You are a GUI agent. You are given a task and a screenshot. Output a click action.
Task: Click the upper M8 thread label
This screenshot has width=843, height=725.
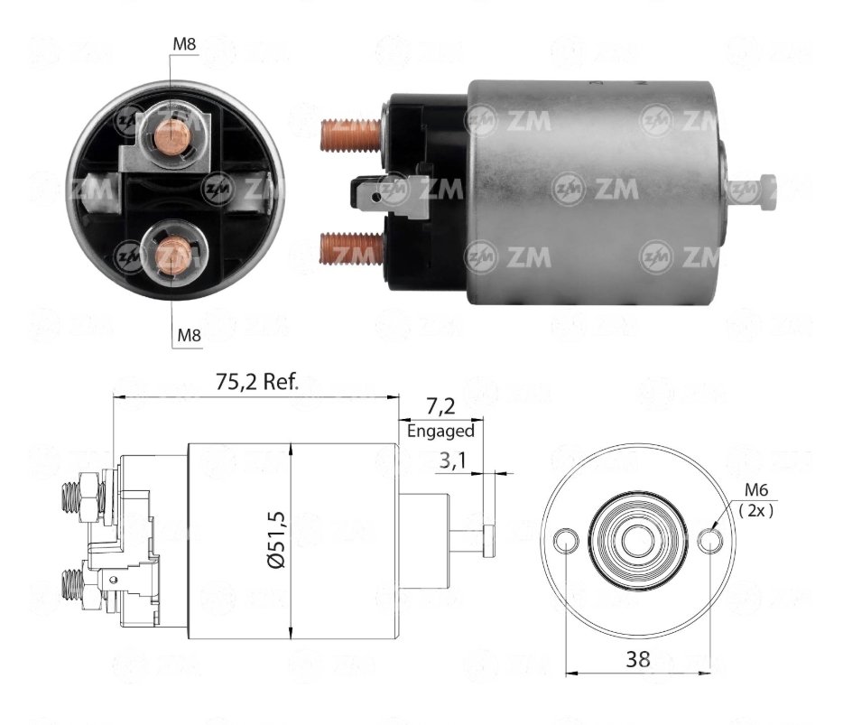pos(184,44)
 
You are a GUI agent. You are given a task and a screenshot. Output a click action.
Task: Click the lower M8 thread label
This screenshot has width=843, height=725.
pos(189,336)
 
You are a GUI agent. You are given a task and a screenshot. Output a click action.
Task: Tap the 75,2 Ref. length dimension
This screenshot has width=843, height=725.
pos(257,381)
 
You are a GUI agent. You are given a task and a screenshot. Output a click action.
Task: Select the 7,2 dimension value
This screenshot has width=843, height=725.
pos(440,406)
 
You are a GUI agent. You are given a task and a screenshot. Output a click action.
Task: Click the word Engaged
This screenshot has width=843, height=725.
pos(440,431)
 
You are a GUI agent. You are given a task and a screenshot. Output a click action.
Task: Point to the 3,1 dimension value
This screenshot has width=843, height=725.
pos(453,460)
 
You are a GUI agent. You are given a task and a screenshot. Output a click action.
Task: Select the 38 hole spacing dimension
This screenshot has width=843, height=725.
pos(637,659)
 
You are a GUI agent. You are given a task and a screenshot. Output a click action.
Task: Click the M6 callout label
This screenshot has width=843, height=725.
pos(756,490)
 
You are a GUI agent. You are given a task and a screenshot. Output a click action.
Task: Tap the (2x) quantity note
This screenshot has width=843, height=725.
pos(756,509)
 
